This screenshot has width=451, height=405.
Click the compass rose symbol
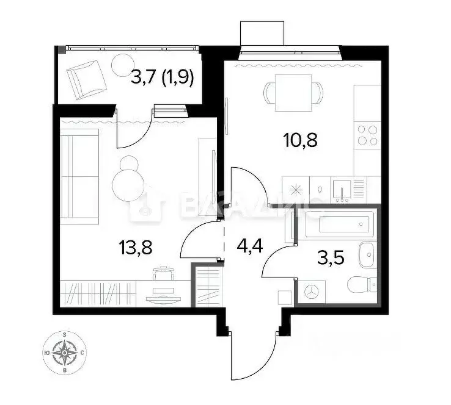[65, 352]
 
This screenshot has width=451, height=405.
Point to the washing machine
[312, 292]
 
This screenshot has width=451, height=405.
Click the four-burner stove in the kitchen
[367, 135]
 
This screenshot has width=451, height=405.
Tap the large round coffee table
[129, 181]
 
